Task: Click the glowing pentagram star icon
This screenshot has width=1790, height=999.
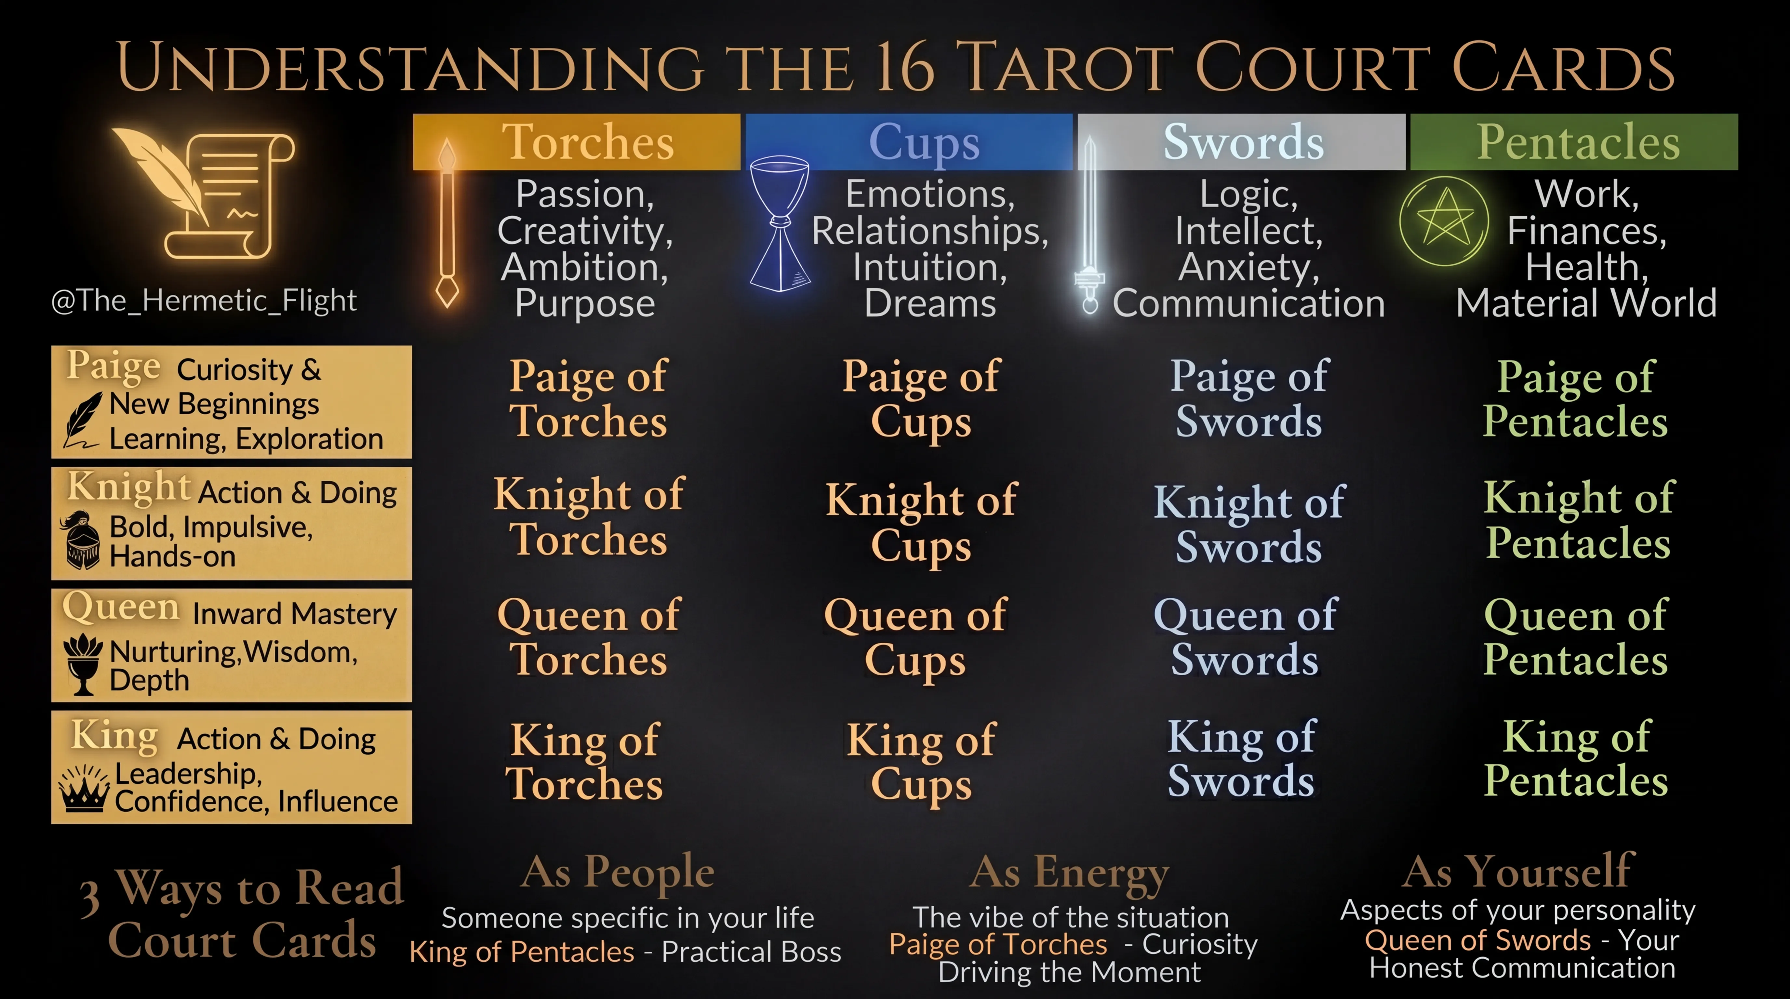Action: click(1444, 221)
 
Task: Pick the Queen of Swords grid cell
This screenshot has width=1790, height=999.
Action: click(1245, 637)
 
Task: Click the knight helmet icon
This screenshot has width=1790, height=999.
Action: click(82, 542)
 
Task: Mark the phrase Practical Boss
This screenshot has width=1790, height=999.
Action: click(751, 952)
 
